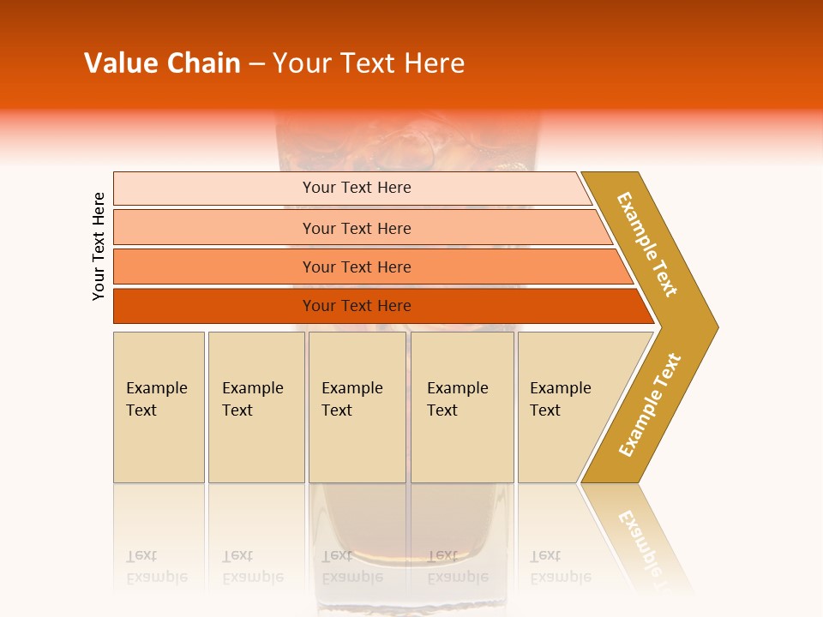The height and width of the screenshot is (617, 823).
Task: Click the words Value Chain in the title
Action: point(162,63)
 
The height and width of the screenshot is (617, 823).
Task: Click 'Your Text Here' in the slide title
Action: point(369,63)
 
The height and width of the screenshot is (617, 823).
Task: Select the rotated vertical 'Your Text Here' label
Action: point(99,247)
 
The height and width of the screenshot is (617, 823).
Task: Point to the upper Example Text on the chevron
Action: point(647,244)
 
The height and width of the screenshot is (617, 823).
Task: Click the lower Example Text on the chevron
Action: point(650,405)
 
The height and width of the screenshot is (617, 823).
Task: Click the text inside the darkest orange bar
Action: point(357,306)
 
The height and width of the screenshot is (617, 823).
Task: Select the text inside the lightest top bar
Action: point(357,188)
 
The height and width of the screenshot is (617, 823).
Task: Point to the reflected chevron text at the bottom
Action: point(645,540)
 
